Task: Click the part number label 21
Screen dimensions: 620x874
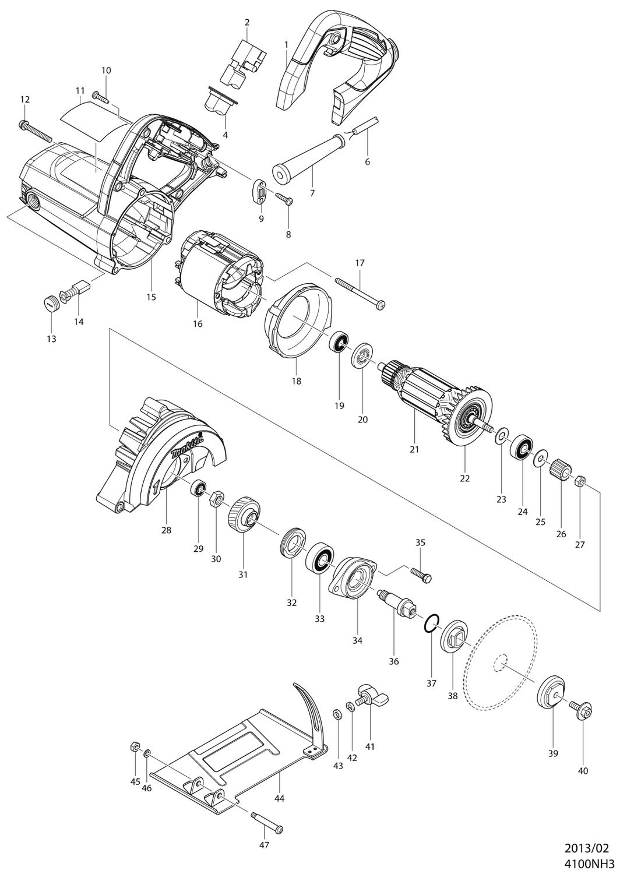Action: (414, 449)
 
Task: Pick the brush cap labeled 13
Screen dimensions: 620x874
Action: (49, 302)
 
